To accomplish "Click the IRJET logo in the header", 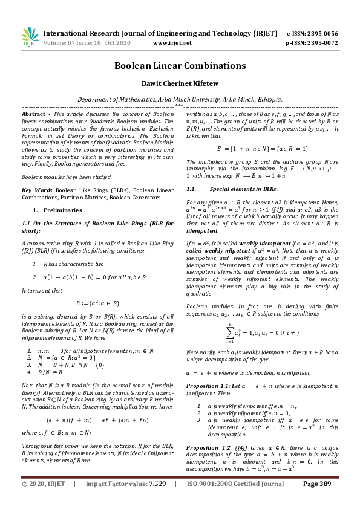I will pyautogui.click(x=30, y=37).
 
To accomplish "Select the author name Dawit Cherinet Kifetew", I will pyautogui.click(x=180, y=85).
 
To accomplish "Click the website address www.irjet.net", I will pyautogui.click(x=172, y=43).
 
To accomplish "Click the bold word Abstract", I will pyautogui.click(x=33, y=114).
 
